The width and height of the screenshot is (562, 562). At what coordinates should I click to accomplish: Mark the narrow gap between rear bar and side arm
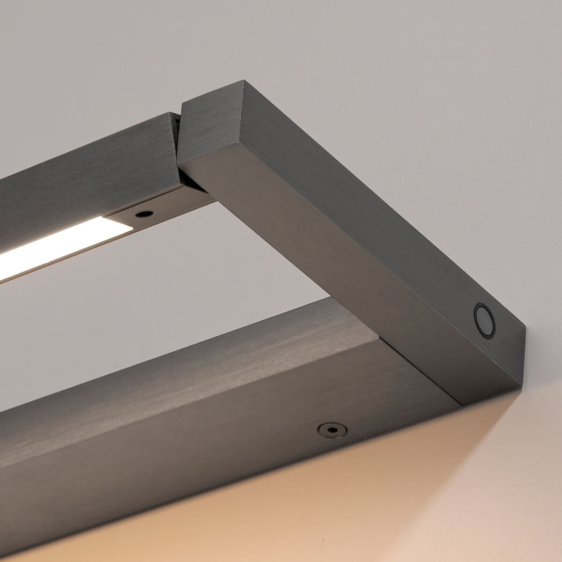tap(178, 136)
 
